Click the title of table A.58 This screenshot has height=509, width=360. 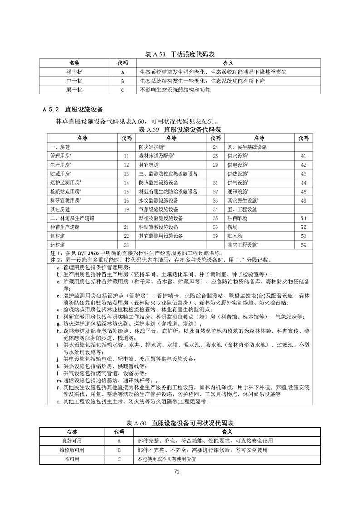click(180, 54)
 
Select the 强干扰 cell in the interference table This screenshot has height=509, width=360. click(74, 72)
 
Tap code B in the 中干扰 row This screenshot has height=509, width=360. click(123, 81)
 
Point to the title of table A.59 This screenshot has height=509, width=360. click(180, 130)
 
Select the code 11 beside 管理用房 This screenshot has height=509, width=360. click(127, 156)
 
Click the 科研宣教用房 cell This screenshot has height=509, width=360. click(65, 200)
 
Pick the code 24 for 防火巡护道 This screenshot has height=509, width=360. click(216, 147)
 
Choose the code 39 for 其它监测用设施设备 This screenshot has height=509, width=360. click(216, 236)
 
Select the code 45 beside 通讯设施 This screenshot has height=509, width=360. click(304, 192)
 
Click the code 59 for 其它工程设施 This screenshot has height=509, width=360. click(304, 245)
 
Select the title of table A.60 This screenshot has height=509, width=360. click(180, 423)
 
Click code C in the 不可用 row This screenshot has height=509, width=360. click(119, 459)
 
